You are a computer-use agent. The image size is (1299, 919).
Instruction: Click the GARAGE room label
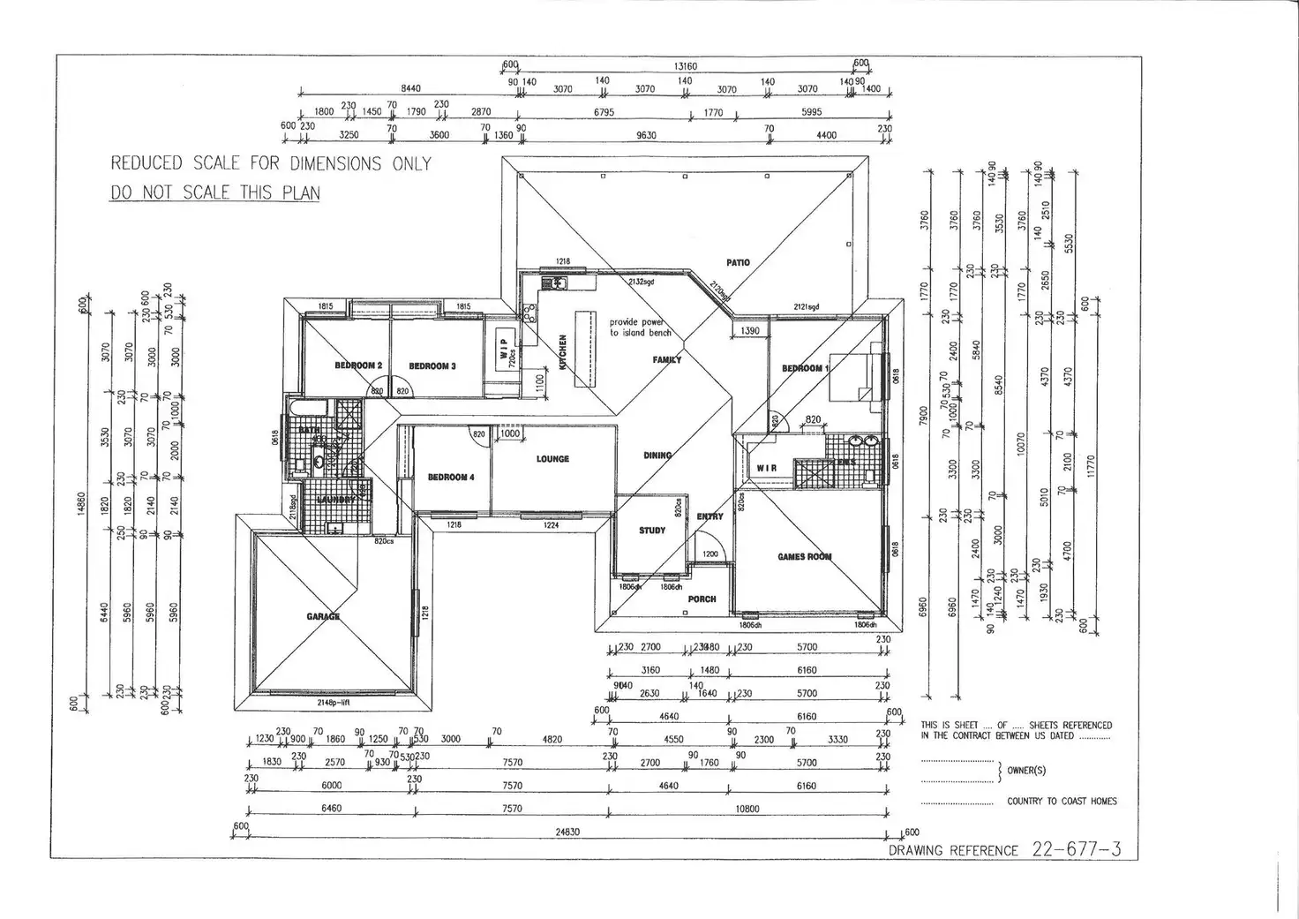(323, 616)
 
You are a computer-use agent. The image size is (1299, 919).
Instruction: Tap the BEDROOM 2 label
(358, 365)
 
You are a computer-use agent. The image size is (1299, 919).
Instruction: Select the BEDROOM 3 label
(432, 365)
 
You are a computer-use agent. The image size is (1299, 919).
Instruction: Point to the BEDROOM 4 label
(451, 478)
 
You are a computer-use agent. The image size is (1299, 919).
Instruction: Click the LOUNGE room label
(552, 459)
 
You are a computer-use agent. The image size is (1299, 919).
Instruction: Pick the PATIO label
(738, 262)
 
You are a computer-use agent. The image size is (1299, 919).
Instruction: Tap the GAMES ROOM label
(804, 557)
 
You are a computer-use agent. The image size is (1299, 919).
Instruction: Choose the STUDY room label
(652, 531)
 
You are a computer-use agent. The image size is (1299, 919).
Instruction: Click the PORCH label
(702, 599)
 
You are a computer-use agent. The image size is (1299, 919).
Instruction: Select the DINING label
(657, 456)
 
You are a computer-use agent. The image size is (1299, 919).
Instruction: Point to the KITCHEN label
(562, 352)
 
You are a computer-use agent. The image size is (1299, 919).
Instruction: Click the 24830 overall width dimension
(567, 832)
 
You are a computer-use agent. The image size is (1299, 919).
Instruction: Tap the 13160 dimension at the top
(686, 66)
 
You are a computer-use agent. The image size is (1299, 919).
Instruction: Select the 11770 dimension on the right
(1091, 464)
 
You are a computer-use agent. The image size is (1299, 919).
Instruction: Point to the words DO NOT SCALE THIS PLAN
(214, 192)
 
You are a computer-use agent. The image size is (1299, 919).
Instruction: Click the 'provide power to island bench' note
(640, 328)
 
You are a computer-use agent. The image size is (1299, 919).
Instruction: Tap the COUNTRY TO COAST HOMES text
(1062, 802)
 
